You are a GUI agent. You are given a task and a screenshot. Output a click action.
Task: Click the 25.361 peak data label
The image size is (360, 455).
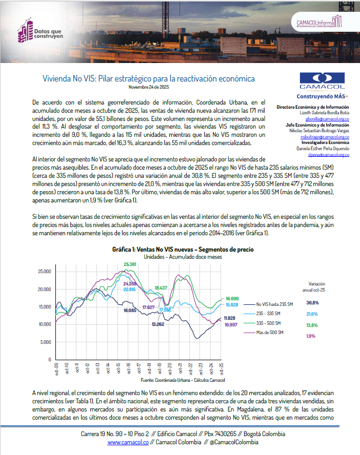[130, 264]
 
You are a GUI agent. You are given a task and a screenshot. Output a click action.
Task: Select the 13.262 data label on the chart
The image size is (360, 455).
[158, 324]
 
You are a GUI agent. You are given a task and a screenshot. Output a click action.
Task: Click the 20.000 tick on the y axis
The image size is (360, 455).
[45, 289]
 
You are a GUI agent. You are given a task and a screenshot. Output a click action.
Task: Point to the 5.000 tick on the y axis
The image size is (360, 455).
[46, 342]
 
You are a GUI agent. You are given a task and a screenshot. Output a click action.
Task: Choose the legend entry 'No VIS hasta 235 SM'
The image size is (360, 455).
[274, 303]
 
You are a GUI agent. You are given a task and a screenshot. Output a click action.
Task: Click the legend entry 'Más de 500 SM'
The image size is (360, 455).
[271, 333]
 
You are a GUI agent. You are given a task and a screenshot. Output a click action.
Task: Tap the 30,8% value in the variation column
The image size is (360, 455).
[312, 303]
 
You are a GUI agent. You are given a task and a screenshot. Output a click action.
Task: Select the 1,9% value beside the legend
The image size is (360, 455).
[311, 336]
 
